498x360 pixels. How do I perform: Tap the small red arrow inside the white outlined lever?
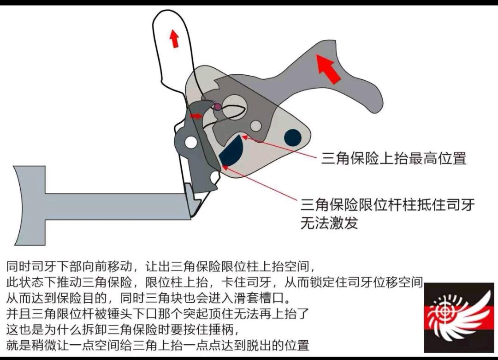pos(174,38)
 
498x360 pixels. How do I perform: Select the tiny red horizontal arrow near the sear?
pos(196,116)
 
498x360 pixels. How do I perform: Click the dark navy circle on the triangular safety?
pos(292,138)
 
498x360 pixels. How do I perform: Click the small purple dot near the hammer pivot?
pos(218,107)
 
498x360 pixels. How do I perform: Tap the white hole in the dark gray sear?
pos(191,142)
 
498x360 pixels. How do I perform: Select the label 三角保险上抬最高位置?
pos(393,158)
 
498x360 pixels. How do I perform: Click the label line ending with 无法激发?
pos(329,223)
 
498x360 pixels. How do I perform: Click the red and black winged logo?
pos(459,318)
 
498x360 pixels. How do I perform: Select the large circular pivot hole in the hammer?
pos(234,106)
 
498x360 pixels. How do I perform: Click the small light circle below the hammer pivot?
pos(256,126)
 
